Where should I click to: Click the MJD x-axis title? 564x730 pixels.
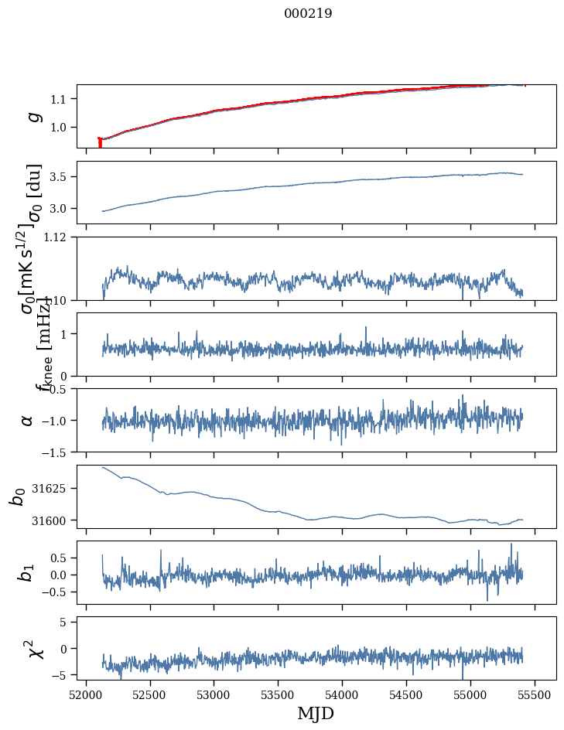(x=316, y=713)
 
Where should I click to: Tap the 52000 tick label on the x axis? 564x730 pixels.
(x=86, y=694)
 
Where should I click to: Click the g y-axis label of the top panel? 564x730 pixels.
(x=33, y=116)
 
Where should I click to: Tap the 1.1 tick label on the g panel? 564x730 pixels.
(x=62, y=99)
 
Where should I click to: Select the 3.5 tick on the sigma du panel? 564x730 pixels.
(x=62, y=177)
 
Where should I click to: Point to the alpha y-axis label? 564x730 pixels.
(x=27, y=420)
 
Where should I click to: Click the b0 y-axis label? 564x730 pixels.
(x=17, y=496)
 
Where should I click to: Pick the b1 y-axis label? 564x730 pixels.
(x=27, y=572)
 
